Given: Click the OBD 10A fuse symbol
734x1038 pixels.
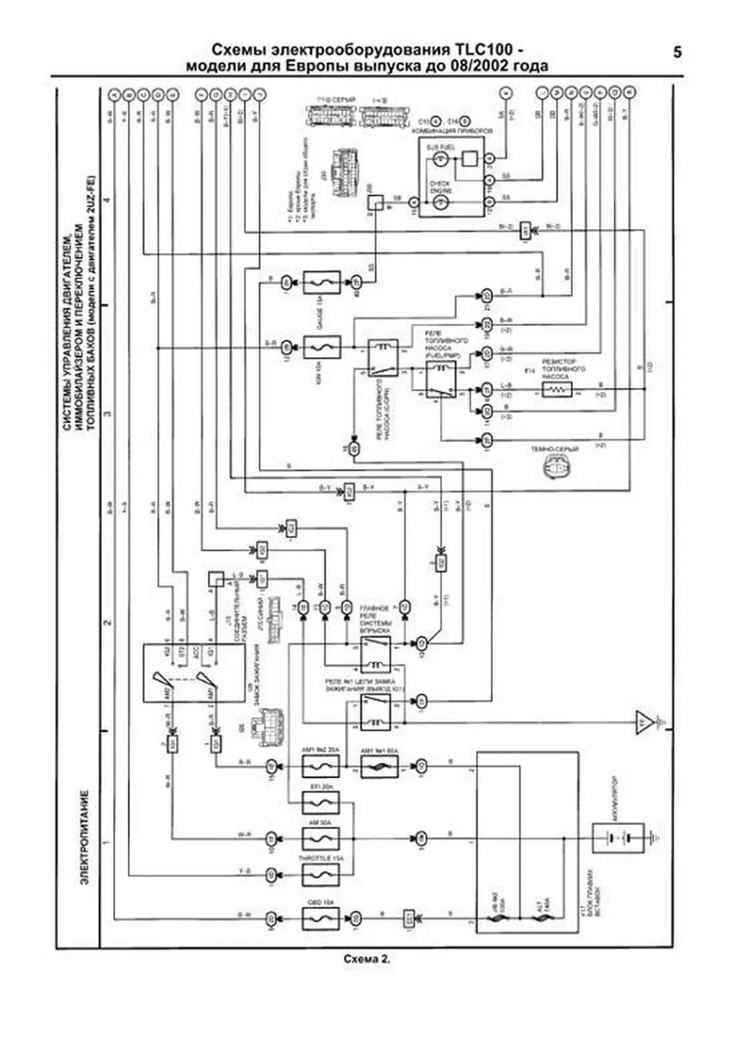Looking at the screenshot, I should [x=321, y=919].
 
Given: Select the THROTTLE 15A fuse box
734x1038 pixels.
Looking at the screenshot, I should [x=321, y=875].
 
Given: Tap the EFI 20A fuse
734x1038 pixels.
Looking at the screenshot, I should [x=321, y=803].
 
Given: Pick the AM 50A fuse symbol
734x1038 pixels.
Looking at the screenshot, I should [x=321, y=839].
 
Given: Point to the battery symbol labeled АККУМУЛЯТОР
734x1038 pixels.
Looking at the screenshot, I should [x=618, y=838].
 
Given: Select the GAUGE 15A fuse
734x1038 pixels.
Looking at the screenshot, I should [x=322, y=283].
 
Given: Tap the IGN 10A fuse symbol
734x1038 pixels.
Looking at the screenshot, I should [x=322, y=347].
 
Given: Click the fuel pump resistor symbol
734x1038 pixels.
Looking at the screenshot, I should [x=557, y=390].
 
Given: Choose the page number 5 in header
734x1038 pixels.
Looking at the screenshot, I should [x=677, y=53].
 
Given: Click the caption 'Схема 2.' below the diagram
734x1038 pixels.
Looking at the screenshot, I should [x=366, y=959].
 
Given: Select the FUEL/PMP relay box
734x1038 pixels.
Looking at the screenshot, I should [x=440, y=380].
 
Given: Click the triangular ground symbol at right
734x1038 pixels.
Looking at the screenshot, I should [x=643, y=722].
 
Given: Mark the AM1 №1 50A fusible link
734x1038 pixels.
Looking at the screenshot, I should [x=379, y=766].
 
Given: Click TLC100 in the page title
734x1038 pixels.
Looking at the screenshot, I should [x=484, y=50].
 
